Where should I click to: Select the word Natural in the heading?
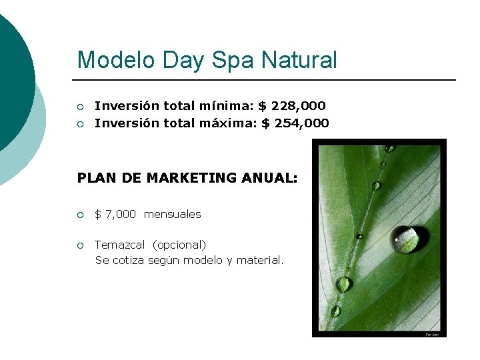(299, 60)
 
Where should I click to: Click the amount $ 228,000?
(292, 105)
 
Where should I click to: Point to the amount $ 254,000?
(295, 123)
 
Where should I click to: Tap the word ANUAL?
(271, 178)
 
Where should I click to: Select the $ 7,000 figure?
(115, 214)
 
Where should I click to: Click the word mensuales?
(172, 214)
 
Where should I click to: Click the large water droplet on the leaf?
(407, 239)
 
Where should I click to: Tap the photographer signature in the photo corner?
(433, 334)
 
